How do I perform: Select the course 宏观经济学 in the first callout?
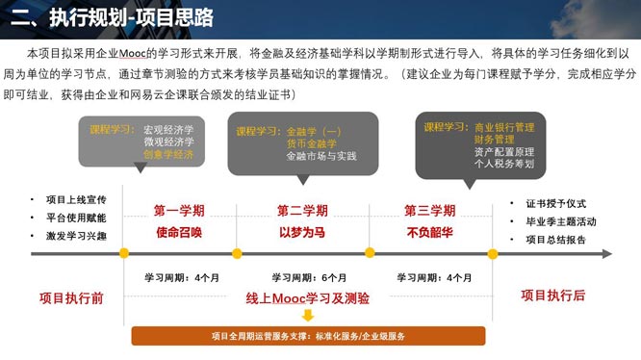167,128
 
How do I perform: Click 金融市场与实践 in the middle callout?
320,155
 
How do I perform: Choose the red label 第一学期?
179,210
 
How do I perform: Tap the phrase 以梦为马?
302,232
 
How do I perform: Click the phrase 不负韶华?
429,232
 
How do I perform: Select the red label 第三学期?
429,210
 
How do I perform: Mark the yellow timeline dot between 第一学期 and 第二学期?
237,254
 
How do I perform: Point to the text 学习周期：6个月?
307,277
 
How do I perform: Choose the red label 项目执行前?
70,296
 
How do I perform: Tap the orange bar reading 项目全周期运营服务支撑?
308,336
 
